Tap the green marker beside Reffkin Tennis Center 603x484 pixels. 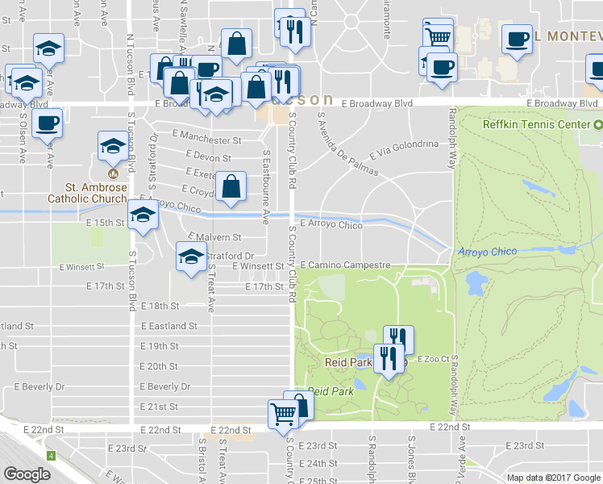(x=597, y=125)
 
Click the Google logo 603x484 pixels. (x=27, y=474)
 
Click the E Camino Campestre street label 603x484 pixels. (x=345, y=265)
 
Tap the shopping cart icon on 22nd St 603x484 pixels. (x=283, y=413)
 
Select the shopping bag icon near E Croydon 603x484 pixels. (x=231, y=186)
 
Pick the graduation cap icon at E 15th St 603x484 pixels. (x=143, y=215)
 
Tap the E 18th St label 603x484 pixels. (x=159, y=307)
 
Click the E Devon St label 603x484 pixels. (x=208, y=157)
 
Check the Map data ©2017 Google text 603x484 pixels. (x=553, y=478)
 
